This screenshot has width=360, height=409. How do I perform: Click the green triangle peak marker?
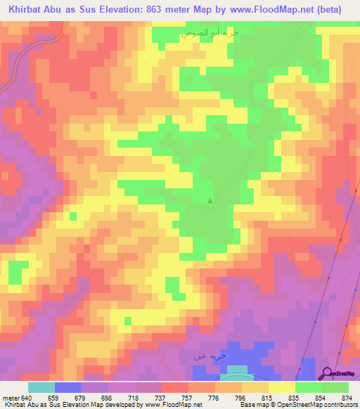pos(210,202)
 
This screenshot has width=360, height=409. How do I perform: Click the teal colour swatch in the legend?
pos(41,387)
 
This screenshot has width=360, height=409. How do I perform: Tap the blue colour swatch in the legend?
pos(68,387)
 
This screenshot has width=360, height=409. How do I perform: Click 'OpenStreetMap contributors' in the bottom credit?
pos(324,405)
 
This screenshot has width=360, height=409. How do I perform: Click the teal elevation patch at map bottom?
pos(238,370)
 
